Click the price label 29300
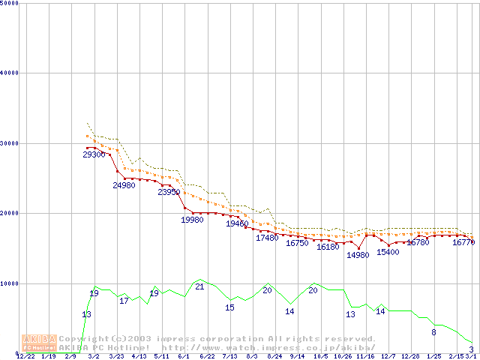(x=94, y=154)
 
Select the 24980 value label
(x=124, y=185)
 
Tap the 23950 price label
(x=169, y=192)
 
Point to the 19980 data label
(x=192, y=220)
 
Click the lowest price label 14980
(x=358, y=256)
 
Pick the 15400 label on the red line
(x=388, y=252)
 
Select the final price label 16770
(x=463, y=243)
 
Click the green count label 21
(x=199, y=286)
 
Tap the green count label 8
(x=433, y=332)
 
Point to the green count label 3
(x=471, y=349)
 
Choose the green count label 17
(x=124, y=301)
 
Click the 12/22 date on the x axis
(x=25, y=356)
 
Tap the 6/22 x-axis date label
(x=207, y=356)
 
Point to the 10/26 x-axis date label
(x=343, y=356)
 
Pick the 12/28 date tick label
(x=410, y=356)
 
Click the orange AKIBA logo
(x=40, y=343)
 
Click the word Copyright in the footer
(x=82, y=339)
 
